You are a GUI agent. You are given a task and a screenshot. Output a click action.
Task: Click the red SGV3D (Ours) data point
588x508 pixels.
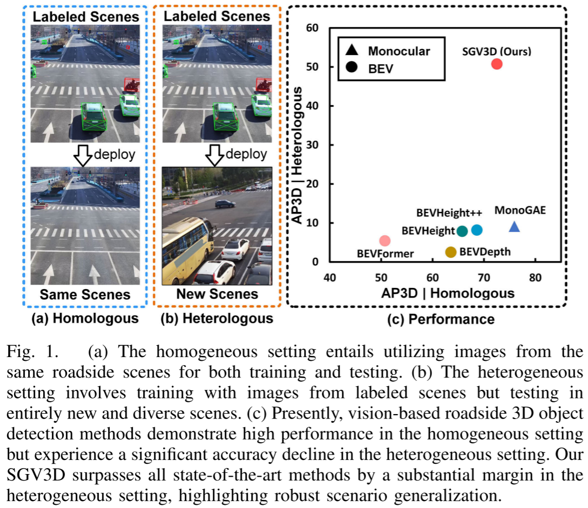(497, 64)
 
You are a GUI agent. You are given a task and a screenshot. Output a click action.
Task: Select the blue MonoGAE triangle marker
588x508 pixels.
(515, 227)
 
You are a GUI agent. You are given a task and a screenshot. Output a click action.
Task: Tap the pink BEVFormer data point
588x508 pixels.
(384, 241)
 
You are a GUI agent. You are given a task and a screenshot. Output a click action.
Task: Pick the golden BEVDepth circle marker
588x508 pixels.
(451, 252)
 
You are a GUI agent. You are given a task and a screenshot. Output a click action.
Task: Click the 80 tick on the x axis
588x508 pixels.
(535, 277)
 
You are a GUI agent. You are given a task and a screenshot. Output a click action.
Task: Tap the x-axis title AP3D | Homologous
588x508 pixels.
(448, 293)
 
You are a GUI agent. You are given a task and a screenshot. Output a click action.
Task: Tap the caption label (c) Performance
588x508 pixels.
(441, 319)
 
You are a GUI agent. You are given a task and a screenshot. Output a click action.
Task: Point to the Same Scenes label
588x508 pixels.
(85, 294)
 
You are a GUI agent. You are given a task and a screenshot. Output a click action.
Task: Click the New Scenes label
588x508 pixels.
(217, 294)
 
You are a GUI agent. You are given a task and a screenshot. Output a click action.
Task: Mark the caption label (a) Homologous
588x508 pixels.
(86, 319)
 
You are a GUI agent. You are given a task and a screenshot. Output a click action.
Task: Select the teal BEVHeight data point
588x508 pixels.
(462, 231)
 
